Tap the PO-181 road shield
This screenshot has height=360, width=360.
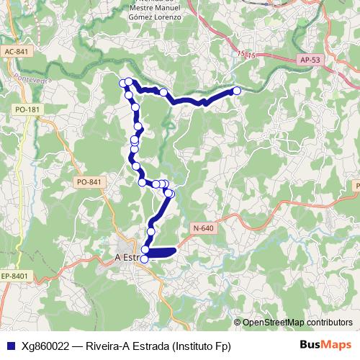(x=27, y=109)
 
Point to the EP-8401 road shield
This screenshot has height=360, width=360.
(x=14, y=276)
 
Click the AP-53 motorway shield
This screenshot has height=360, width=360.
(x=310, y=60)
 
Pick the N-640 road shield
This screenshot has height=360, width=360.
(x=204, y=228)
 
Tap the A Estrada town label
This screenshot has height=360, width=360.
(x=126, y=257)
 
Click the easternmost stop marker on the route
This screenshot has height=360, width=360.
(x=237, y=91)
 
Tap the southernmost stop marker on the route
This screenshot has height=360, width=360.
(x=144, y=258)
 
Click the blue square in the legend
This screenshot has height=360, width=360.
(x=9, y=346)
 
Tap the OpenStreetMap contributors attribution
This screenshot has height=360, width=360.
(x=297, y=323)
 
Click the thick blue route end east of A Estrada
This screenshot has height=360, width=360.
(x=174, y=251)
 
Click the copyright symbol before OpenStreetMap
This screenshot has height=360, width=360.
(x=238, y=323)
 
